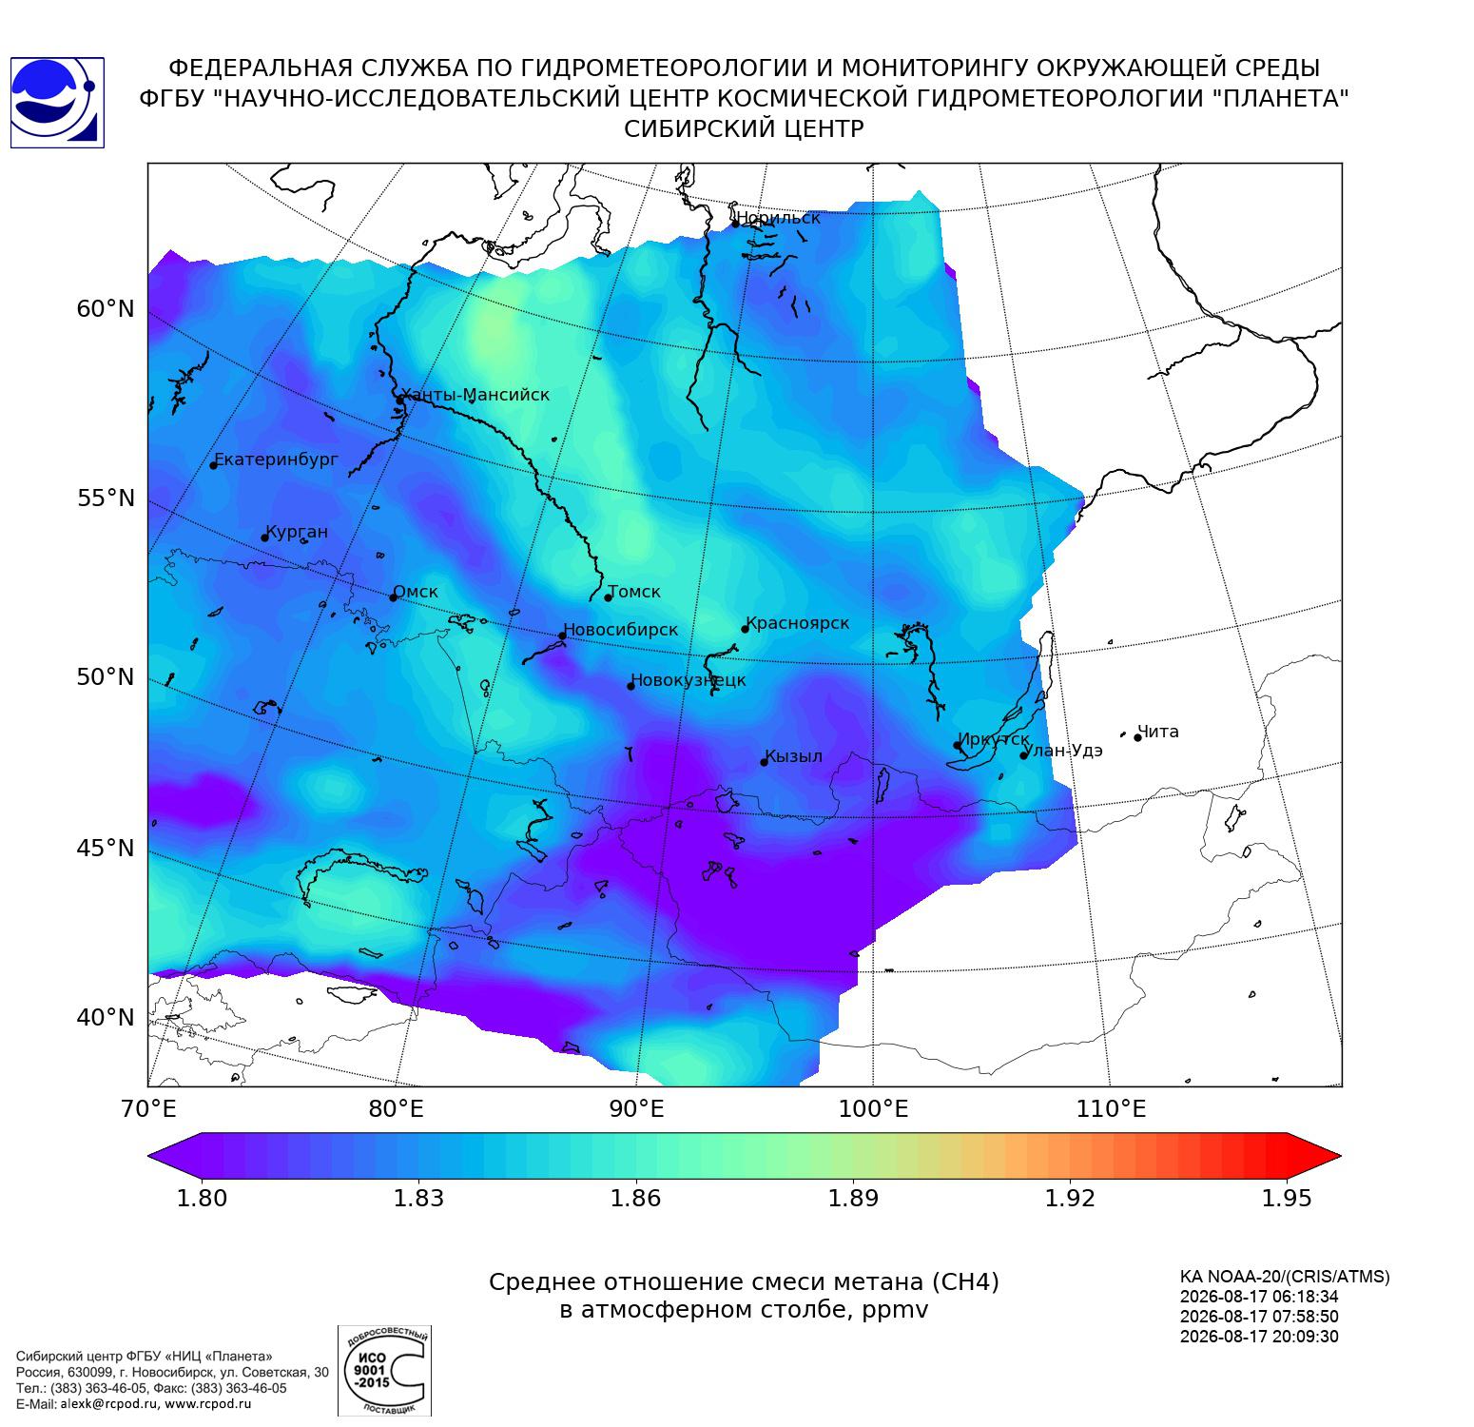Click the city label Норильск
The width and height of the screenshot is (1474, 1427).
click(x=778, y=218)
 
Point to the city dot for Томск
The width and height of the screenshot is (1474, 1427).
click(x=609, y=597)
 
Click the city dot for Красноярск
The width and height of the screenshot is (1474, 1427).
click(x=746, y=629)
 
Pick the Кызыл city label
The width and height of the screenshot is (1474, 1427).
click(x=794, y=756)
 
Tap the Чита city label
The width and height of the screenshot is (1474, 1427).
click(x=1158, y=732)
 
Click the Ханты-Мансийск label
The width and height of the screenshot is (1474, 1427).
click(x=475, y=395)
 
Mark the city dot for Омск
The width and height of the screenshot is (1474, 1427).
click(x=393, y=597)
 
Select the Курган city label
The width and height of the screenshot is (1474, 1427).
click(x=297, y=532)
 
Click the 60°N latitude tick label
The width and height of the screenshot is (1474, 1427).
click(x=106, y=309)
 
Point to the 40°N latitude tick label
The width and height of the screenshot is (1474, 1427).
click(x=106, y=1018)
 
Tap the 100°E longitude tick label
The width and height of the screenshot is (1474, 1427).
click(x=873, y=1108)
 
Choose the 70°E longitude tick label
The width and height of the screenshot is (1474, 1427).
click(x=148, y=1108)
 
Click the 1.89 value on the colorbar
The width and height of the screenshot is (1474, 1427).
click(x=853, y=1198)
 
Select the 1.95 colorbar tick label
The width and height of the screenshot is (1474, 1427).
click(x=1287, y=1198)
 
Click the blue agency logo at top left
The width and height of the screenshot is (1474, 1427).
click(x=56, y=103)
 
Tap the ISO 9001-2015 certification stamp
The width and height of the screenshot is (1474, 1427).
click(x=385, y=1371)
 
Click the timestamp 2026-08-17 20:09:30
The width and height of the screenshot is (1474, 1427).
click(x=1259, y=1337)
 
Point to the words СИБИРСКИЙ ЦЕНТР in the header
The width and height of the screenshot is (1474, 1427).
click(x=744, y=129)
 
